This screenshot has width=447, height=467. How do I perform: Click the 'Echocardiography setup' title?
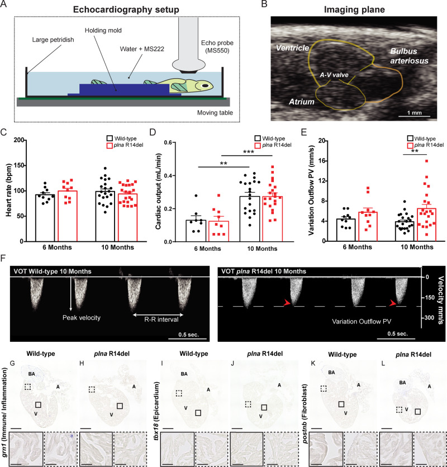pyautogui.click(x=126, y=9)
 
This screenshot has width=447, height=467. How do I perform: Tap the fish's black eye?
pyautogui.click(x=205, y=86)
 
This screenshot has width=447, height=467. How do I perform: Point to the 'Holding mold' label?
pyautogui.click(x=103, y=30)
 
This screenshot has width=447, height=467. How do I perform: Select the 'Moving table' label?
pyautogui.click(x=215, y=113)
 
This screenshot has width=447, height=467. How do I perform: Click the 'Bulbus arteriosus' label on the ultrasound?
pyautogui.click(x=409, y=56)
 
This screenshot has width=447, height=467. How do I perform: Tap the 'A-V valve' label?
pyautogui.click(x=334, y=75)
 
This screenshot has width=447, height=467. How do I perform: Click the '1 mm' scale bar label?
pyautogui.click(x=415, y=113)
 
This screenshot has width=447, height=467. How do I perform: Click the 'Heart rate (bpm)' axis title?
pyautogui.click(x=8, y=190)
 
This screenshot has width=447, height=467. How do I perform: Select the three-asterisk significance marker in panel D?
pyautogui.click(x=249, y=151)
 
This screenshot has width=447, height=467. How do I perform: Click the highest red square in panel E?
pyautogui.click(x=427, y=161)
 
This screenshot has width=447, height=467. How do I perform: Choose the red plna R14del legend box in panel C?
pyautogui.click(x=110, y=145)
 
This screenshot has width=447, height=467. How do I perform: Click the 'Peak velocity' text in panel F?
pyautogui.click(x=82, y=318)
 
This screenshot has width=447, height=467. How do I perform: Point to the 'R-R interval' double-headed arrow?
pyautogui.click(x=158, y=314)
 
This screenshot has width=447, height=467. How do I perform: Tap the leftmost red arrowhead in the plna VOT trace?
pyautogui.click(x=287, y=303)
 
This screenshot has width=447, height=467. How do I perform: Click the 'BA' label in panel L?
pyautogui.click(x=402, y=383)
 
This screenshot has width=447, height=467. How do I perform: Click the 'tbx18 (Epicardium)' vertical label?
pyautogui.click(x=155, y=412)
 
